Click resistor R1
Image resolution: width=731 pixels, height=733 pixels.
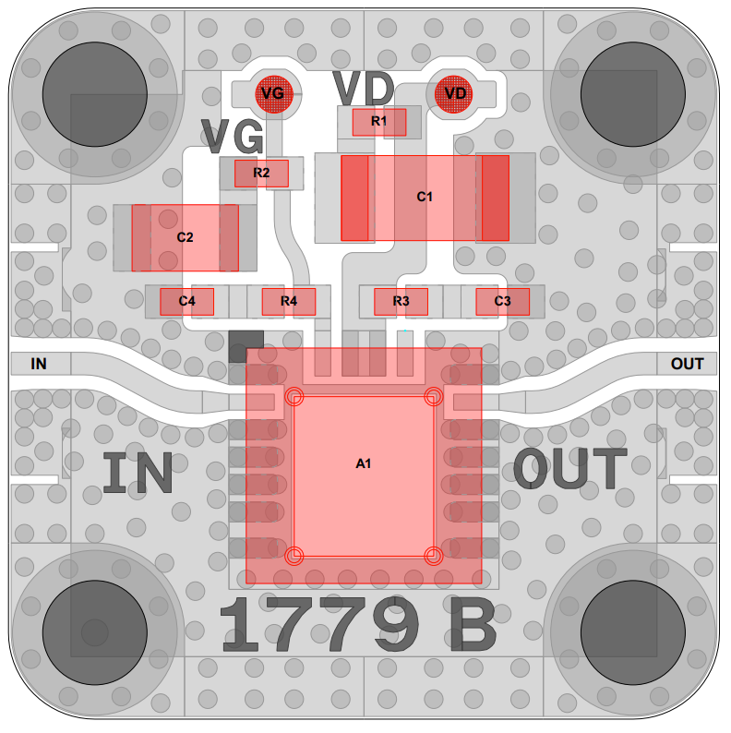[x=379, y=121]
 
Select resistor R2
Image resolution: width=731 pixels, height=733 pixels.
[x=261, y=173]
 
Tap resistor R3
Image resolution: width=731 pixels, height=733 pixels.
[x=401, y=301]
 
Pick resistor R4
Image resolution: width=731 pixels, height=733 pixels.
[x=289, y=301]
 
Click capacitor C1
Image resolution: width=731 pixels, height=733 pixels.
[x=425, y=197]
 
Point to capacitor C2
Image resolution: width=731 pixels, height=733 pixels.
[x=185, y=237]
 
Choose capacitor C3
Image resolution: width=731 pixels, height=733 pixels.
[x=502, y=301]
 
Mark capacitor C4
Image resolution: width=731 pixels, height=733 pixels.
[x=187, y=301]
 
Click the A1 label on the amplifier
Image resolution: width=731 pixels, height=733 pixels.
[x=364, y=463]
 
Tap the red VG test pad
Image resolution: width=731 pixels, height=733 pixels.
[x=272, y=93]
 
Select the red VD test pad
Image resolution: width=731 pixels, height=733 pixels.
[x=455, y=93]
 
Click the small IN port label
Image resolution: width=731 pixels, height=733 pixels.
[x=38, y=364]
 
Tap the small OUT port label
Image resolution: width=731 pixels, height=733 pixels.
[x=687, y=364]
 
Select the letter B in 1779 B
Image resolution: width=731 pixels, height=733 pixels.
[x=472, y=625]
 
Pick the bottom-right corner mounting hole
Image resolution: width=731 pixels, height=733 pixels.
[x=633, y=632]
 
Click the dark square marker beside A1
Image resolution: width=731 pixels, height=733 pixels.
[x=246, y=346]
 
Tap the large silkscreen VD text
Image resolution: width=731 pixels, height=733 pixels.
[x=364, y=88]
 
